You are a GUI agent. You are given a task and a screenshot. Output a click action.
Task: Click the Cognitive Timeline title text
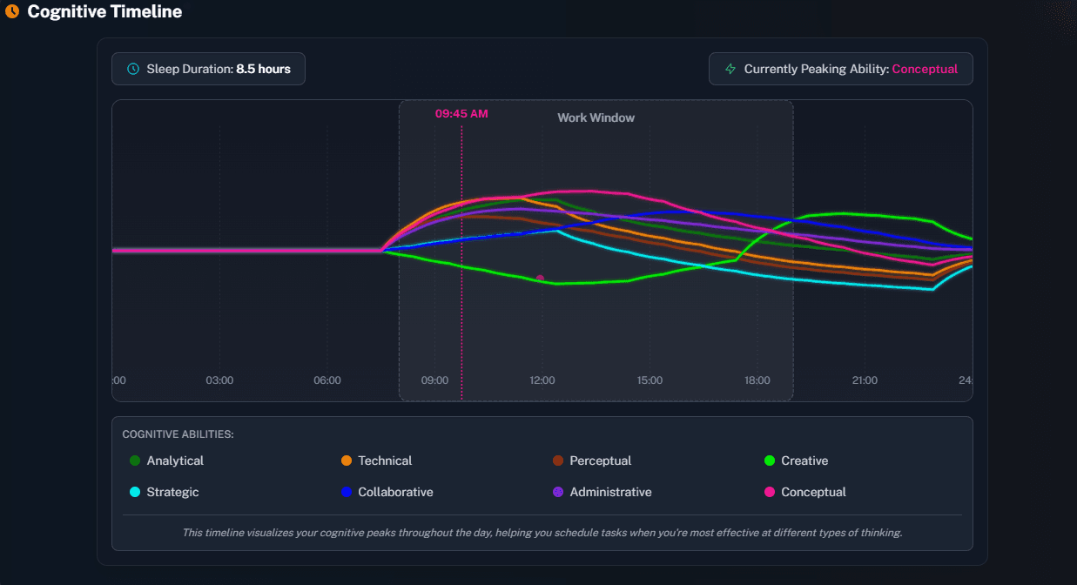pos(104,12)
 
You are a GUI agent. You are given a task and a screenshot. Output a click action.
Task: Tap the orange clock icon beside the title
pos(12,12)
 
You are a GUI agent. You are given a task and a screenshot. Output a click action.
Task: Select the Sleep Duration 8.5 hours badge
pos(208,69)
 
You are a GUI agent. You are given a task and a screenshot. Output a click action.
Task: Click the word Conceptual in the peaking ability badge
pos(925,69)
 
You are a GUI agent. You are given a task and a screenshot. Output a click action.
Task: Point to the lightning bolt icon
pos(730,69)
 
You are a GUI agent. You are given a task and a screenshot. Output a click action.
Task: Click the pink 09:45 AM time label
pos(461,114)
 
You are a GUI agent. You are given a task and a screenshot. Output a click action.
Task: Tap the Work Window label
pos(596,118)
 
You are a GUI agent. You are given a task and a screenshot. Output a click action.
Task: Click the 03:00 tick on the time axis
pos(219,380)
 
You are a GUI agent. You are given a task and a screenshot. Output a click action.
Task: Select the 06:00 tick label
pos(327,380)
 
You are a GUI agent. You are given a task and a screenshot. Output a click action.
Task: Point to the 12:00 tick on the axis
pos(542,380)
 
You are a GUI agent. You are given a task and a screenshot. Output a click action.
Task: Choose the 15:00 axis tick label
pos(650,380)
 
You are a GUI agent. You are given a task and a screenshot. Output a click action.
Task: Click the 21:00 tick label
pos(865,380)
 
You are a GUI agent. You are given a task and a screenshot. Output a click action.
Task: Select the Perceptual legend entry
pos(600,461)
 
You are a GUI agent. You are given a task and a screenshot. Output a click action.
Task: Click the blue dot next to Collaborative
pos(347,492)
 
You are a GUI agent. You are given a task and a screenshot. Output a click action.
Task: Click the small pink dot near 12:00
pos(540,279)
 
